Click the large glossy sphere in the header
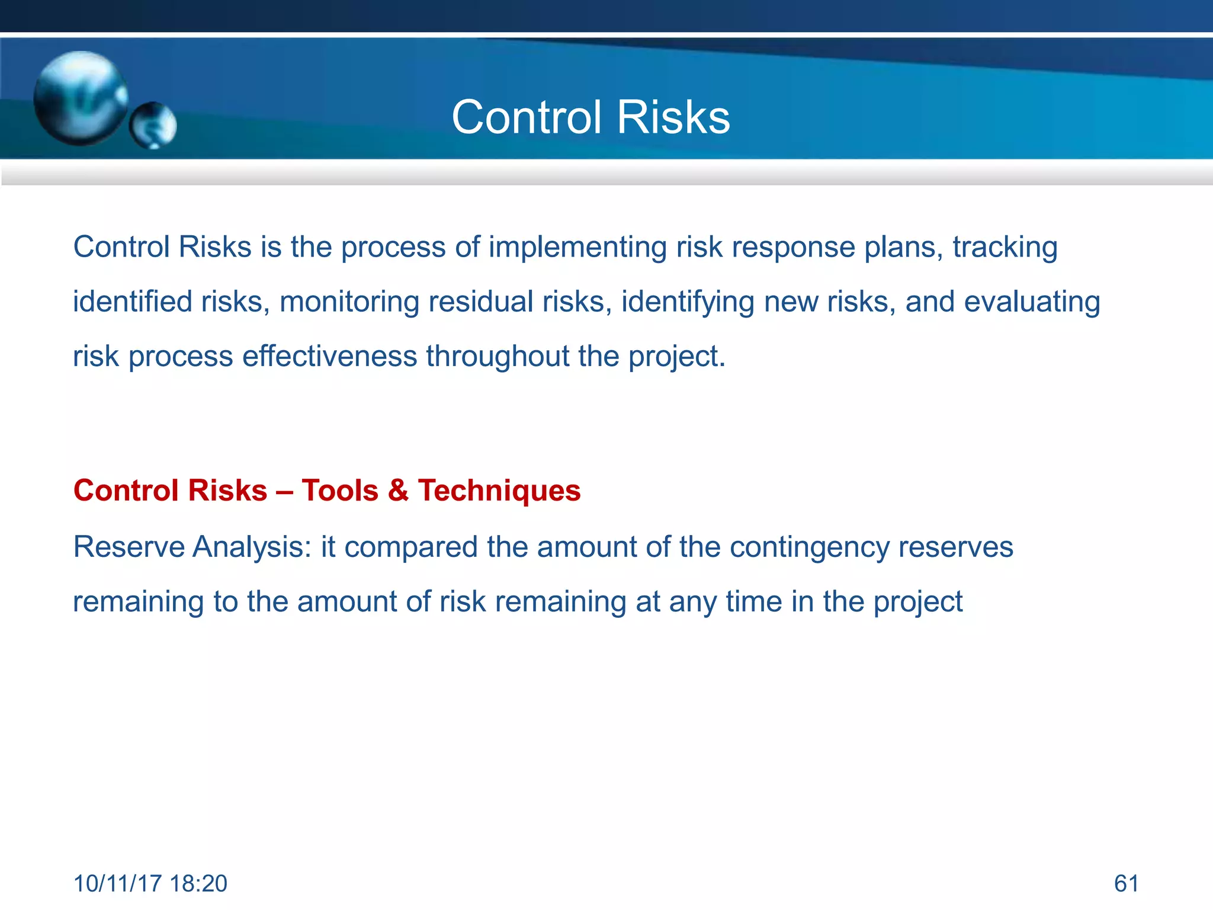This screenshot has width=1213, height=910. point(81,98)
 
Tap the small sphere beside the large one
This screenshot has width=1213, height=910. point(153,125)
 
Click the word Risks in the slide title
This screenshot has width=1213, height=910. point(673,117)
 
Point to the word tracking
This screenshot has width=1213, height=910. point(1005,247)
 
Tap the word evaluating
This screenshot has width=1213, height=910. point(1032,302)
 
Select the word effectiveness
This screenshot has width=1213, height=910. point(329,356)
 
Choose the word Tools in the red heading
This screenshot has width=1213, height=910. point(340,491)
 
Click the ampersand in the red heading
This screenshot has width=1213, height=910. point(398,491)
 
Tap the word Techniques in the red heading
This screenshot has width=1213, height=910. point(499,491)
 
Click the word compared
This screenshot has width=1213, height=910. point(410,547)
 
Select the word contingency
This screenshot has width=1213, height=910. point(809,547)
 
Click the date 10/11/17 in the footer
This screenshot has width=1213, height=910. point(117,883)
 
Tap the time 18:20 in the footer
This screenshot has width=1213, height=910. point(198,883)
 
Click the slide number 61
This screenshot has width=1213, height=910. point(1126,883)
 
